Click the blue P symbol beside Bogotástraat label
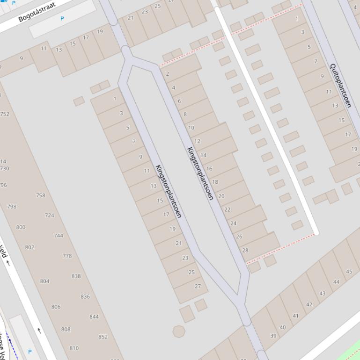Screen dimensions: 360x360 coord(62,19)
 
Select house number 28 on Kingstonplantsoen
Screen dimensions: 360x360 coord(245,250)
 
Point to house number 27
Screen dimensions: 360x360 coord(198,286)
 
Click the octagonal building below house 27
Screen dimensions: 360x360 coord(178,331)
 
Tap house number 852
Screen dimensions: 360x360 coord(103,337)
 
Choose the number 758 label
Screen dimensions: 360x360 coord(41,195)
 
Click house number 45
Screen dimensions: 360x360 coord(349,272)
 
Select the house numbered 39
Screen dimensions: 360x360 coord(273,336)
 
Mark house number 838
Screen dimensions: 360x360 coord(76,276)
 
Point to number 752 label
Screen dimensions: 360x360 coord(5,114)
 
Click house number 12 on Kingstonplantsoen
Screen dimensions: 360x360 coord(197,141)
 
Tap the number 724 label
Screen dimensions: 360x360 coord(49,216)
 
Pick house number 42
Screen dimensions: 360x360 coord(309,304)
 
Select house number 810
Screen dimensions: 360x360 coord(74,348)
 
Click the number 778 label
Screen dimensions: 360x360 coord(67,256)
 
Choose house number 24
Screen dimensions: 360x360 coord(233,223)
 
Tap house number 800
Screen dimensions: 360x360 coord(21,227)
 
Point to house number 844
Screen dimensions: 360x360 coord(94,317)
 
